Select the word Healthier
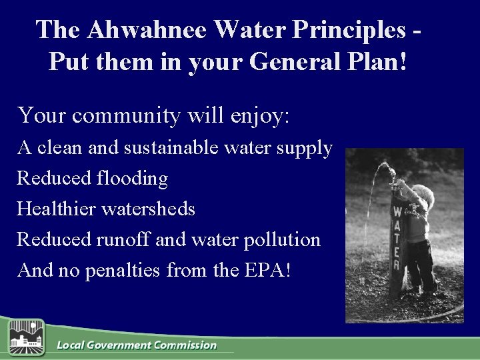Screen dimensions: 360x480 coord(56,209)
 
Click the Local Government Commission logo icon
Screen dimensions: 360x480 coord(26,337)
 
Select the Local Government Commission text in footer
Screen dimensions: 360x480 coord(137,345)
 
